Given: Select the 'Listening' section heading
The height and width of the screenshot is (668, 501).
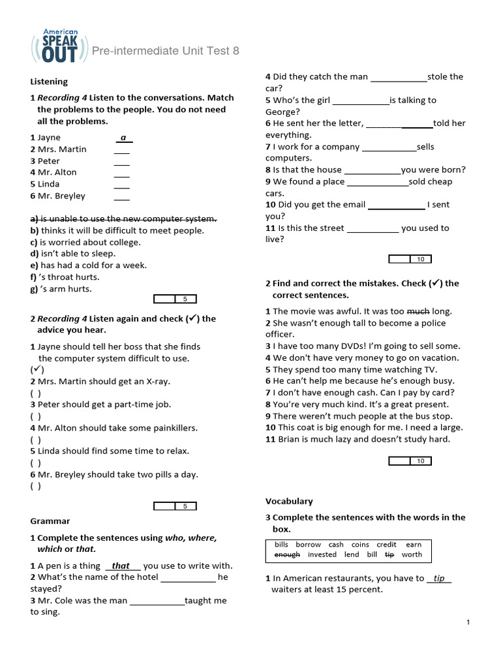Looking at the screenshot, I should (49, 82).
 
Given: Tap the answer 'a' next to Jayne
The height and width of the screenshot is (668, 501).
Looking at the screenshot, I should (123, 138).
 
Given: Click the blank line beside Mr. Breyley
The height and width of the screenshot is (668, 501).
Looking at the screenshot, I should (121, 196).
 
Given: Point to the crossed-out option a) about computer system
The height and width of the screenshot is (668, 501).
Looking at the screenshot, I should (123, 219).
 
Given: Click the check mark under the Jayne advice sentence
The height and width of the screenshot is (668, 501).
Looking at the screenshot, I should (37, 370).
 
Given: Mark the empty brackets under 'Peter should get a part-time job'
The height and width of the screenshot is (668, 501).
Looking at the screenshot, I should (36, 416).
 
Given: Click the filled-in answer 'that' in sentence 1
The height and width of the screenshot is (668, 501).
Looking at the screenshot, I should (121, 566).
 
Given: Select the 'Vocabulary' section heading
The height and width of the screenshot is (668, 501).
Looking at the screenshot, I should (289, 501).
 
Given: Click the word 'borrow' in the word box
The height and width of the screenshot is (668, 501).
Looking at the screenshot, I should (308, 544).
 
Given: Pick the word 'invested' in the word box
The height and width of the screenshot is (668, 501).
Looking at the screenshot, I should (322, 554).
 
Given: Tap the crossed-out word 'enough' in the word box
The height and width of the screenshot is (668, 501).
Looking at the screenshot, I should (287, 554).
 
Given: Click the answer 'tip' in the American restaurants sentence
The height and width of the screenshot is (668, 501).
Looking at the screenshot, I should (439, 579).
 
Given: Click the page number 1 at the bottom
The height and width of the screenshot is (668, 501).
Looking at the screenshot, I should (468, 624).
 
